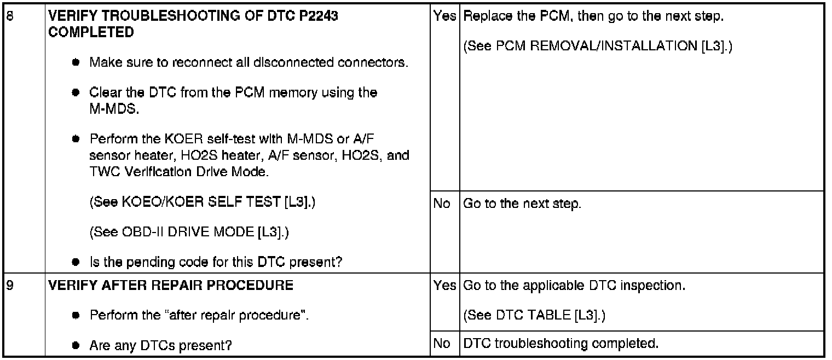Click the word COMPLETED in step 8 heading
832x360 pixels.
click(91, 32)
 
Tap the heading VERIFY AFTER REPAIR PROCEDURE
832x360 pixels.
click(171, 286)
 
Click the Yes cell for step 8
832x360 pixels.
click(444, 16)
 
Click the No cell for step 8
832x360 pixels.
click(442, 204)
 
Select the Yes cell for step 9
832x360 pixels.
click(444, 286)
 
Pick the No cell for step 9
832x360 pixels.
click(442, 344)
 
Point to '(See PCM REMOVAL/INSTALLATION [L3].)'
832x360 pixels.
click(598, 47)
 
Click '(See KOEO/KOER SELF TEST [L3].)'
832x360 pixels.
click(203, 203)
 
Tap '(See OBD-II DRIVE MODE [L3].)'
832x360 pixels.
click(189, 233)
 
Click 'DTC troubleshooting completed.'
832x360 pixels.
click(561, 344)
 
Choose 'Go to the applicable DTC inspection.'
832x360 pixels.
click(574, 286)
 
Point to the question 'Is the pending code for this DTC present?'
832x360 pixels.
click(216, 262)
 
